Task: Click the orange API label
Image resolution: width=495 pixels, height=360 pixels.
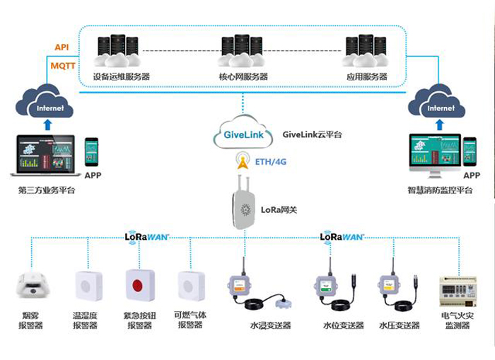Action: [62, 47]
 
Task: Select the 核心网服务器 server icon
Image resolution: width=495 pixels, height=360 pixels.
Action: [243, 50]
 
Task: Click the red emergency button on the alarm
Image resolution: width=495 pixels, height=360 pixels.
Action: [139, 287]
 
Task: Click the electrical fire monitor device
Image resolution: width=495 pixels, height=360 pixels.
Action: [459, 291]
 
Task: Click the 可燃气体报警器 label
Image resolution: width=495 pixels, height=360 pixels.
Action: [190, 320]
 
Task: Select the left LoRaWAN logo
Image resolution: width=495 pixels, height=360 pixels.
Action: [148, 236]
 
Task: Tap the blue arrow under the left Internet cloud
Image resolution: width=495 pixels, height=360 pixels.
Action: [48, 126]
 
